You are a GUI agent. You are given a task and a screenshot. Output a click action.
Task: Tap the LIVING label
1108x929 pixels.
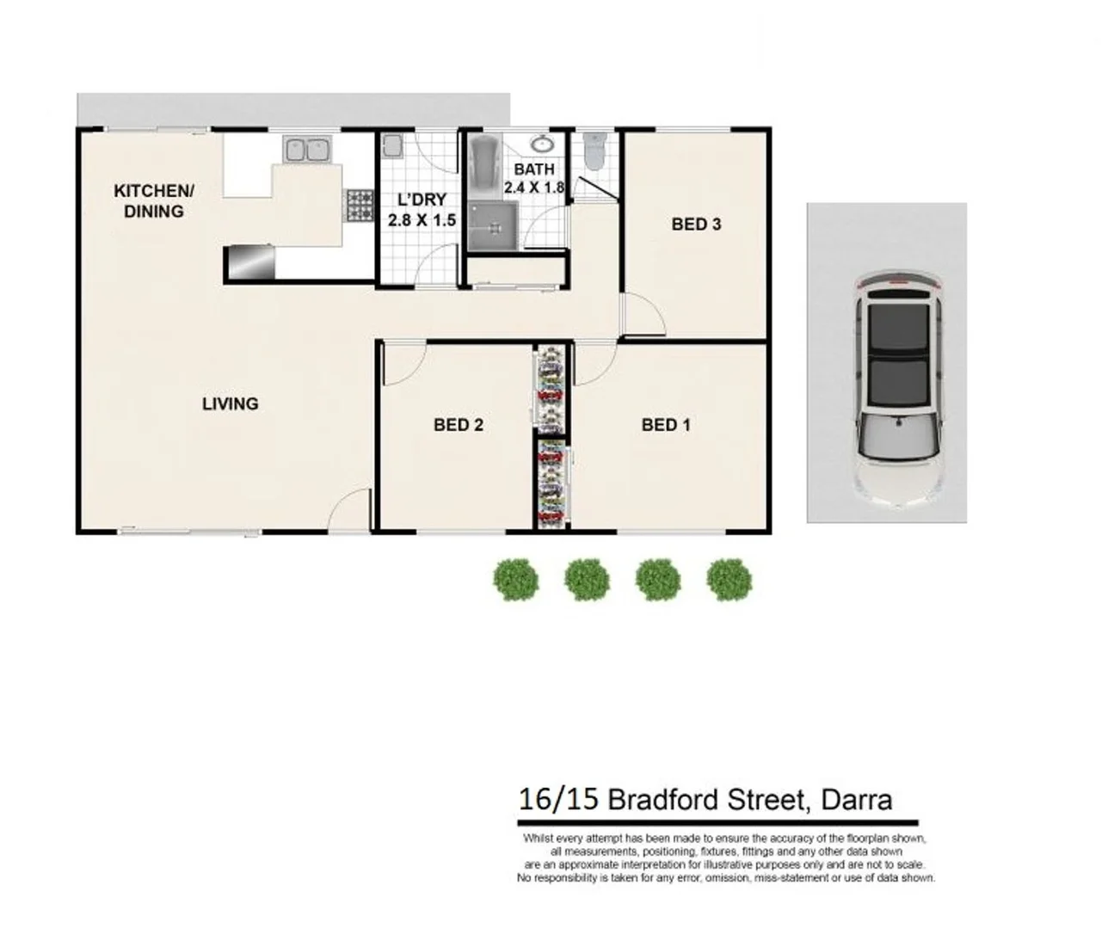pos(230,403)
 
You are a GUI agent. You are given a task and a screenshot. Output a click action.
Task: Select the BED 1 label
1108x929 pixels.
pos(665,424)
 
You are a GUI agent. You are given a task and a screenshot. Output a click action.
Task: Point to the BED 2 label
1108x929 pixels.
pos(458,424)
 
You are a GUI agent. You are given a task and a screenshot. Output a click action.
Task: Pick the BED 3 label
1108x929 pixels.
pos(696,225)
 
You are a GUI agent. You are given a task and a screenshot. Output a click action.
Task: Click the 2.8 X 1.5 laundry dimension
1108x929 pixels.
pos(422,220)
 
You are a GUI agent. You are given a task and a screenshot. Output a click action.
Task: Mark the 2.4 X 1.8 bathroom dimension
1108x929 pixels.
pos(534,188)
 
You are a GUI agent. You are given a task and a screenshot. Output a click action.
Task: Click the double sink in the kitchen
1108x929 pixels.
pos(307,150)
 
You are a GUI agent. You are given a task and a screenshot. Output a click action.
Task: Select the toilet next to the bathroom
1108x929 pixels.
pos(594,152)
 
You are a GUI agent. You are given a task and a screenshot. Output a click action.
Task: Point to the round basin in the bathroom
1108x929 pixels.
pos(542,144)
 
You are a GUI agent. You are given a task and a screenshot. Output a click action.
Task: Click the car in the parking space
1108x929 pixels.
pos(898,387)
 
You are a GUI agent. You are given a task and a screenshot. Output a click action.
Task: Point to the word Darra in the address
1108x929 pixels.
pos(856,800)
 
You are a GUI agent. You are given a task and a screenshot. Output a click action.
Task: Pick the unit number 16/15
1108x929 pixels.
pos(558,800)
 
